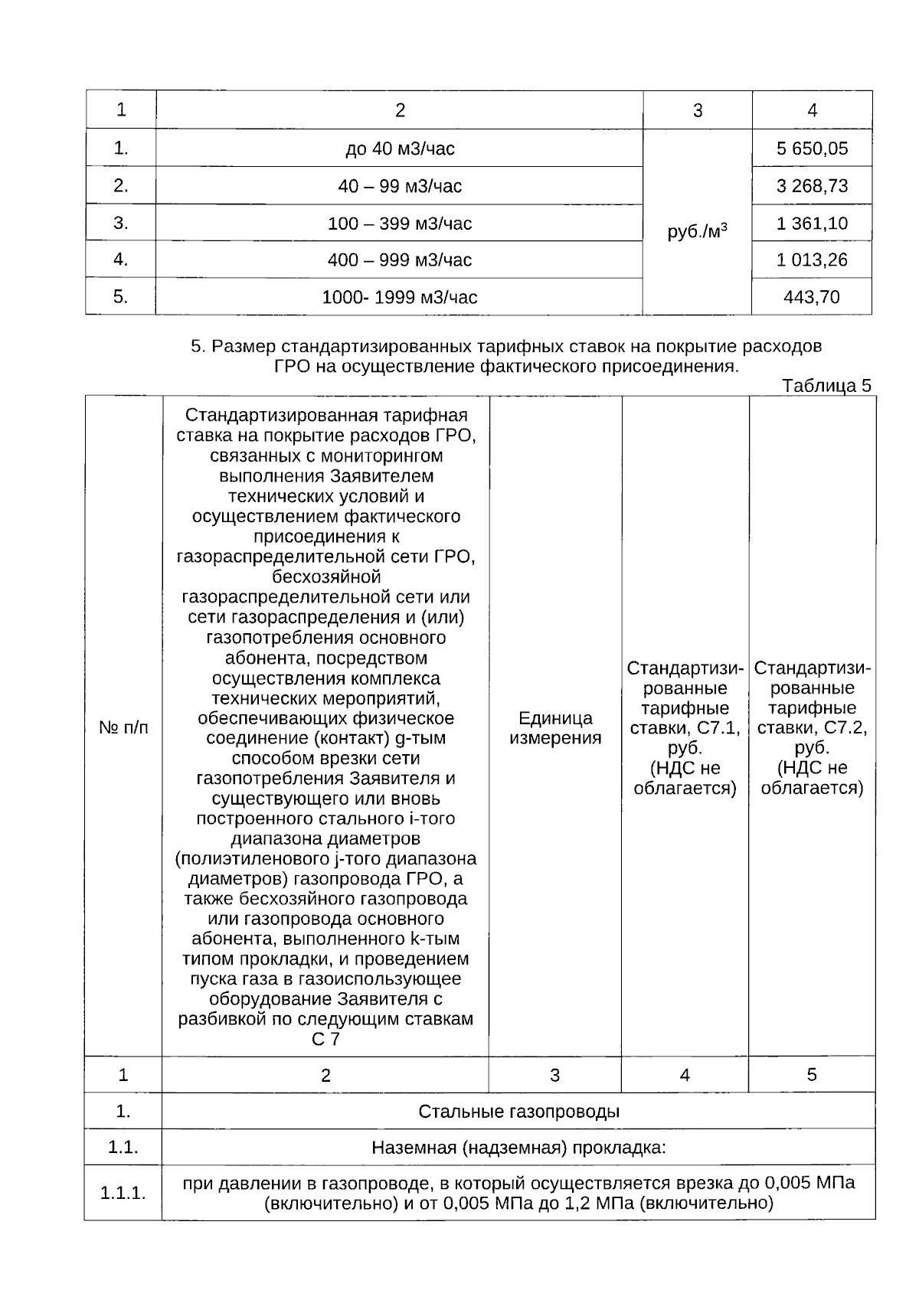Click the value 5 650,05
tap(812, 149)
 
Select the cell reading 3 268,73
tap(812, 186)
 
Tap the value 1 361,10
tap(812, 224)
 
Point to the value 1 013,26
tap(812, 260)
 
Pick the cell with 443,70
tap(812, 296)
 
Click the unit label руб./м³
tap(697, 231)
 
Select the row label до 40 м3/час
tap(400, 149)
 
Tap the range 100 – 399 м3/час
tap(400, 224)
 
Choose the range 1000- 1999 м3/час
tap(400, 297)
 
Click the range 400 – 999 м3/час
tap(400, 260)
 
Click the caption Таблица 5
tap(826, 386)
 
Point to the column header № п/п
tap(123, 727)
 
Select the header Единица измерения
tap(555, 728)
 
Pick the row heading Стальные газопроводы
tap(518, 1111)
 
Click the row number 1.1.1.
tap(123, 1193)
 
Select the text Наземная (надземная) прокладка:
tap(518, 1148)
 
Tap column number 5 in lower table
tap(812, 1074)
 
